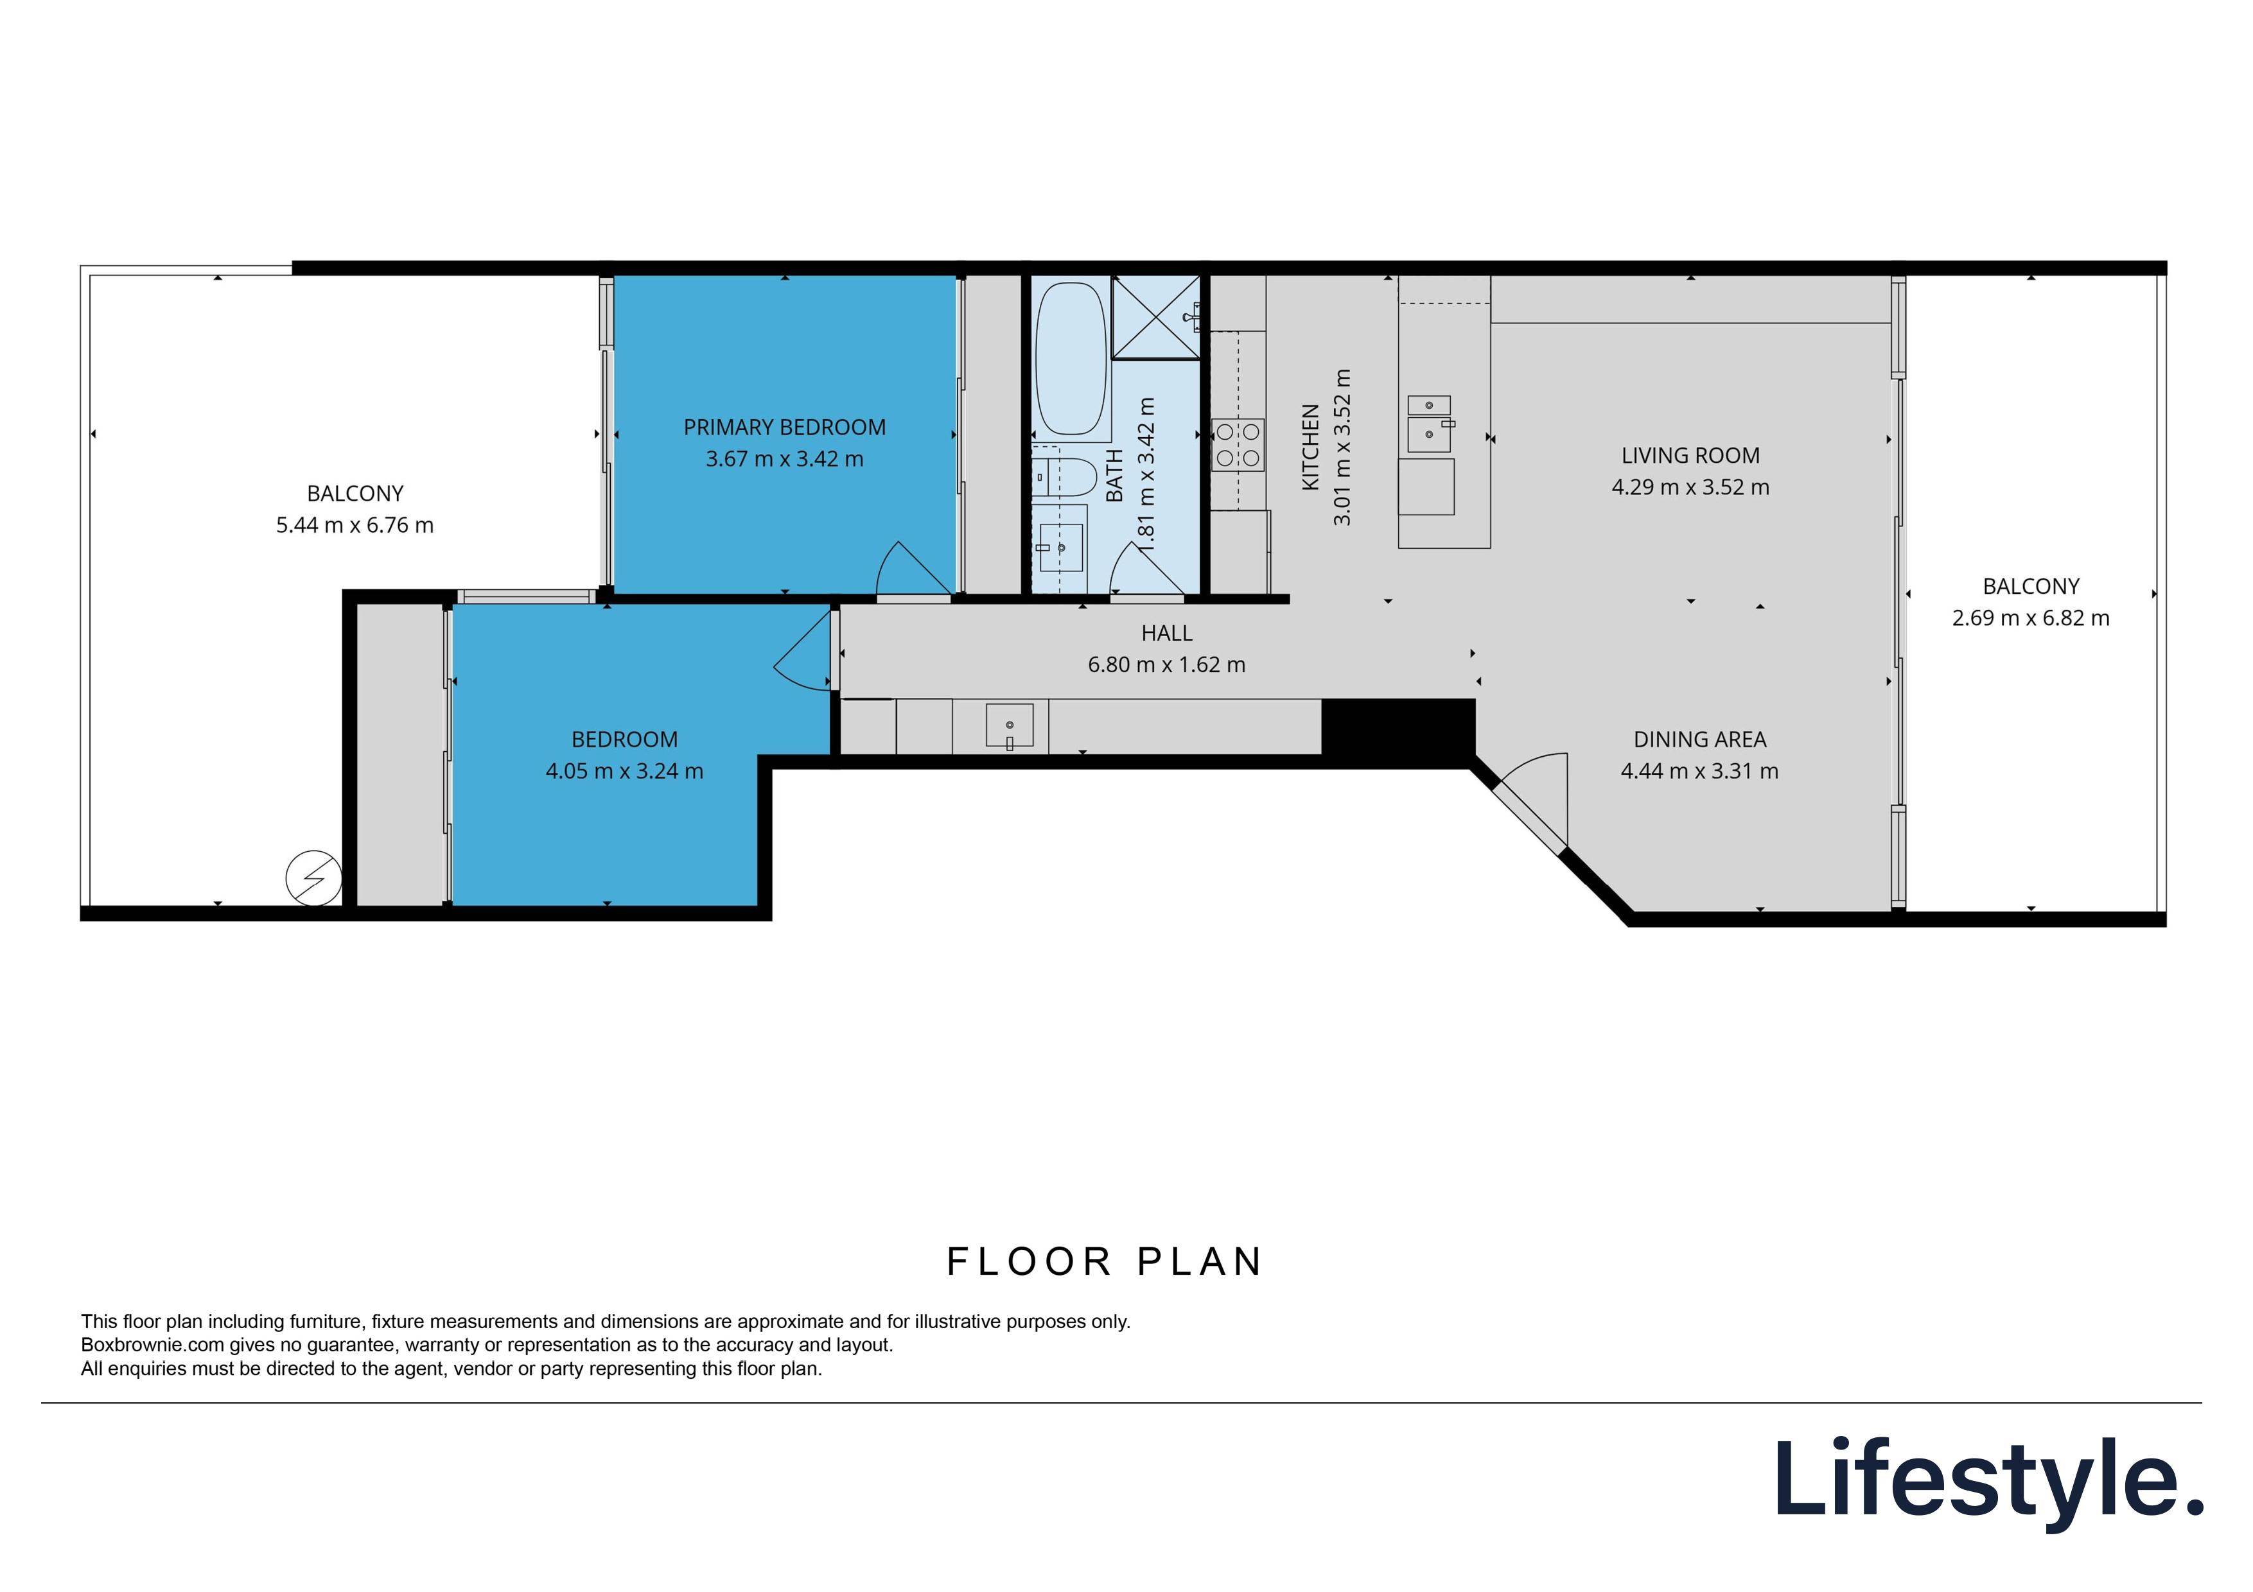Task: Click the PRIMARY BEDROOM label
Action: pos(784,428)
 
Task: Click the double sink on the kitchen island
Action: pos(1429,423)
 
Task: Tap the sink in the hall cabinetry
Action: pos(1009,726)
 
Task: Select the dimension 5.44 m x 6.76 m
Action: pos(355,526)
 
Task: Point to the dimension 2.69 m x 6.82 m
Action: pos(2030,618)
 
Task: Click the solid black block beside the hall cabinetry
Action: pos(1398,727)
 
